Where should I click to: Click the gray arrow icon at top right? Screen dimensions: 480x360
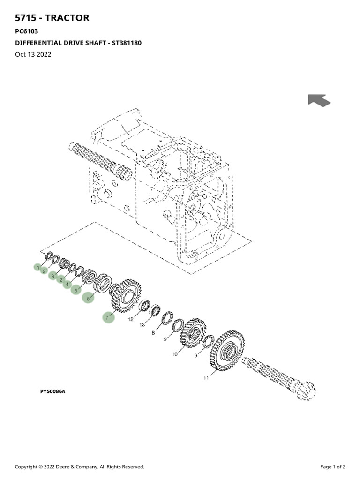click(319, 100)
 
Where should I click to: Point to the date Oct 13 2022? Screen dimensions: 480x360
click(33, 54)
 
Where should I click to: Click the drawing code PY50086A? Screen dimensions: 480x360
click(52, 391)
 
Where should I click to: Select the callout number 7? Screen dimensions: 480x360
click(107, 318)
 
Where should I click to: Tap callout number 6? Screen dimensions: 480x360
click(88, 298)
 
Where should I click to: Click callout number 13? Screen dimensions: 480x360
click(142, 325)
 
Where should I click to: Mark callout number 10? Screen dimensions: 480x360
click(175, 354)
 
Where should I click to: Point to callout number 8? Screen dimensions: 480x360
click(153, 333)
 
